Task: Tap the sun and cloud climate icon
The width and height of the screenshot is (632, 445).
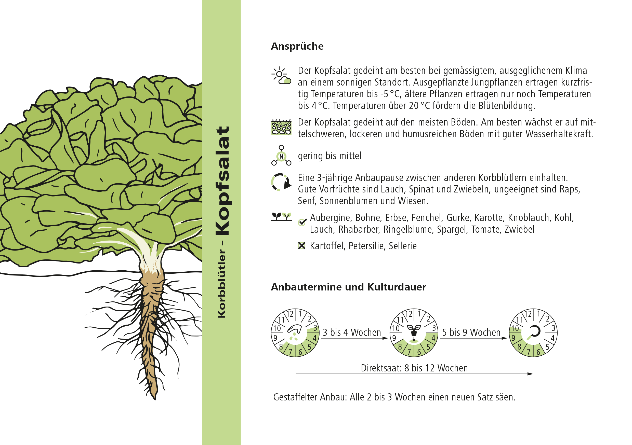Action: pos(281,75)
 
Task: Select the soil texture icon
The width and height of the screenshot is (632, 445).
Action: pos(281,127)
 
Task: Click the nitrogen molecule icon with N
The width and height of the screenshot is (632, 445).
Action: pos(281,155)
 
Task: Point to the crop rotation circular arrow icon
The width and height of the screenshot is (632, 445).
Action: pos(281,182)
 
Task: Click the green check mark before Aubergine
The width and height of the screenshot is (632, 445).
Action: pos(302,222)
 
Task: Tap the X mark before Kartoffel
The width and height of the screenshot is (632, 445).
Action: pos(302,246)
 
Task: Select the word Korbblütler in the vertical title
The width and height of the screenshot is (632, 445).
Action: pos(222,284)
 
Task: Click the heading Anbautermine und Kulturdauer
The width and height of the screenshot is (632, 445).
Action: pos(348,287)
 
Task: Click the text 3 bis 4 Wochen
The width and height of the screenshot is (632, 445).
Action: pos(352,332)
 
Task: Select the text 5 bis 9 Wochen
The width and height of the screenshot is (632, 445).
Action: pos(471,332)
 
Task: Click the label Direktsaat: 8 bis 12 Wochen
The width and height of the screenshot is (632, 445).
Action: pos(414,368)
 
